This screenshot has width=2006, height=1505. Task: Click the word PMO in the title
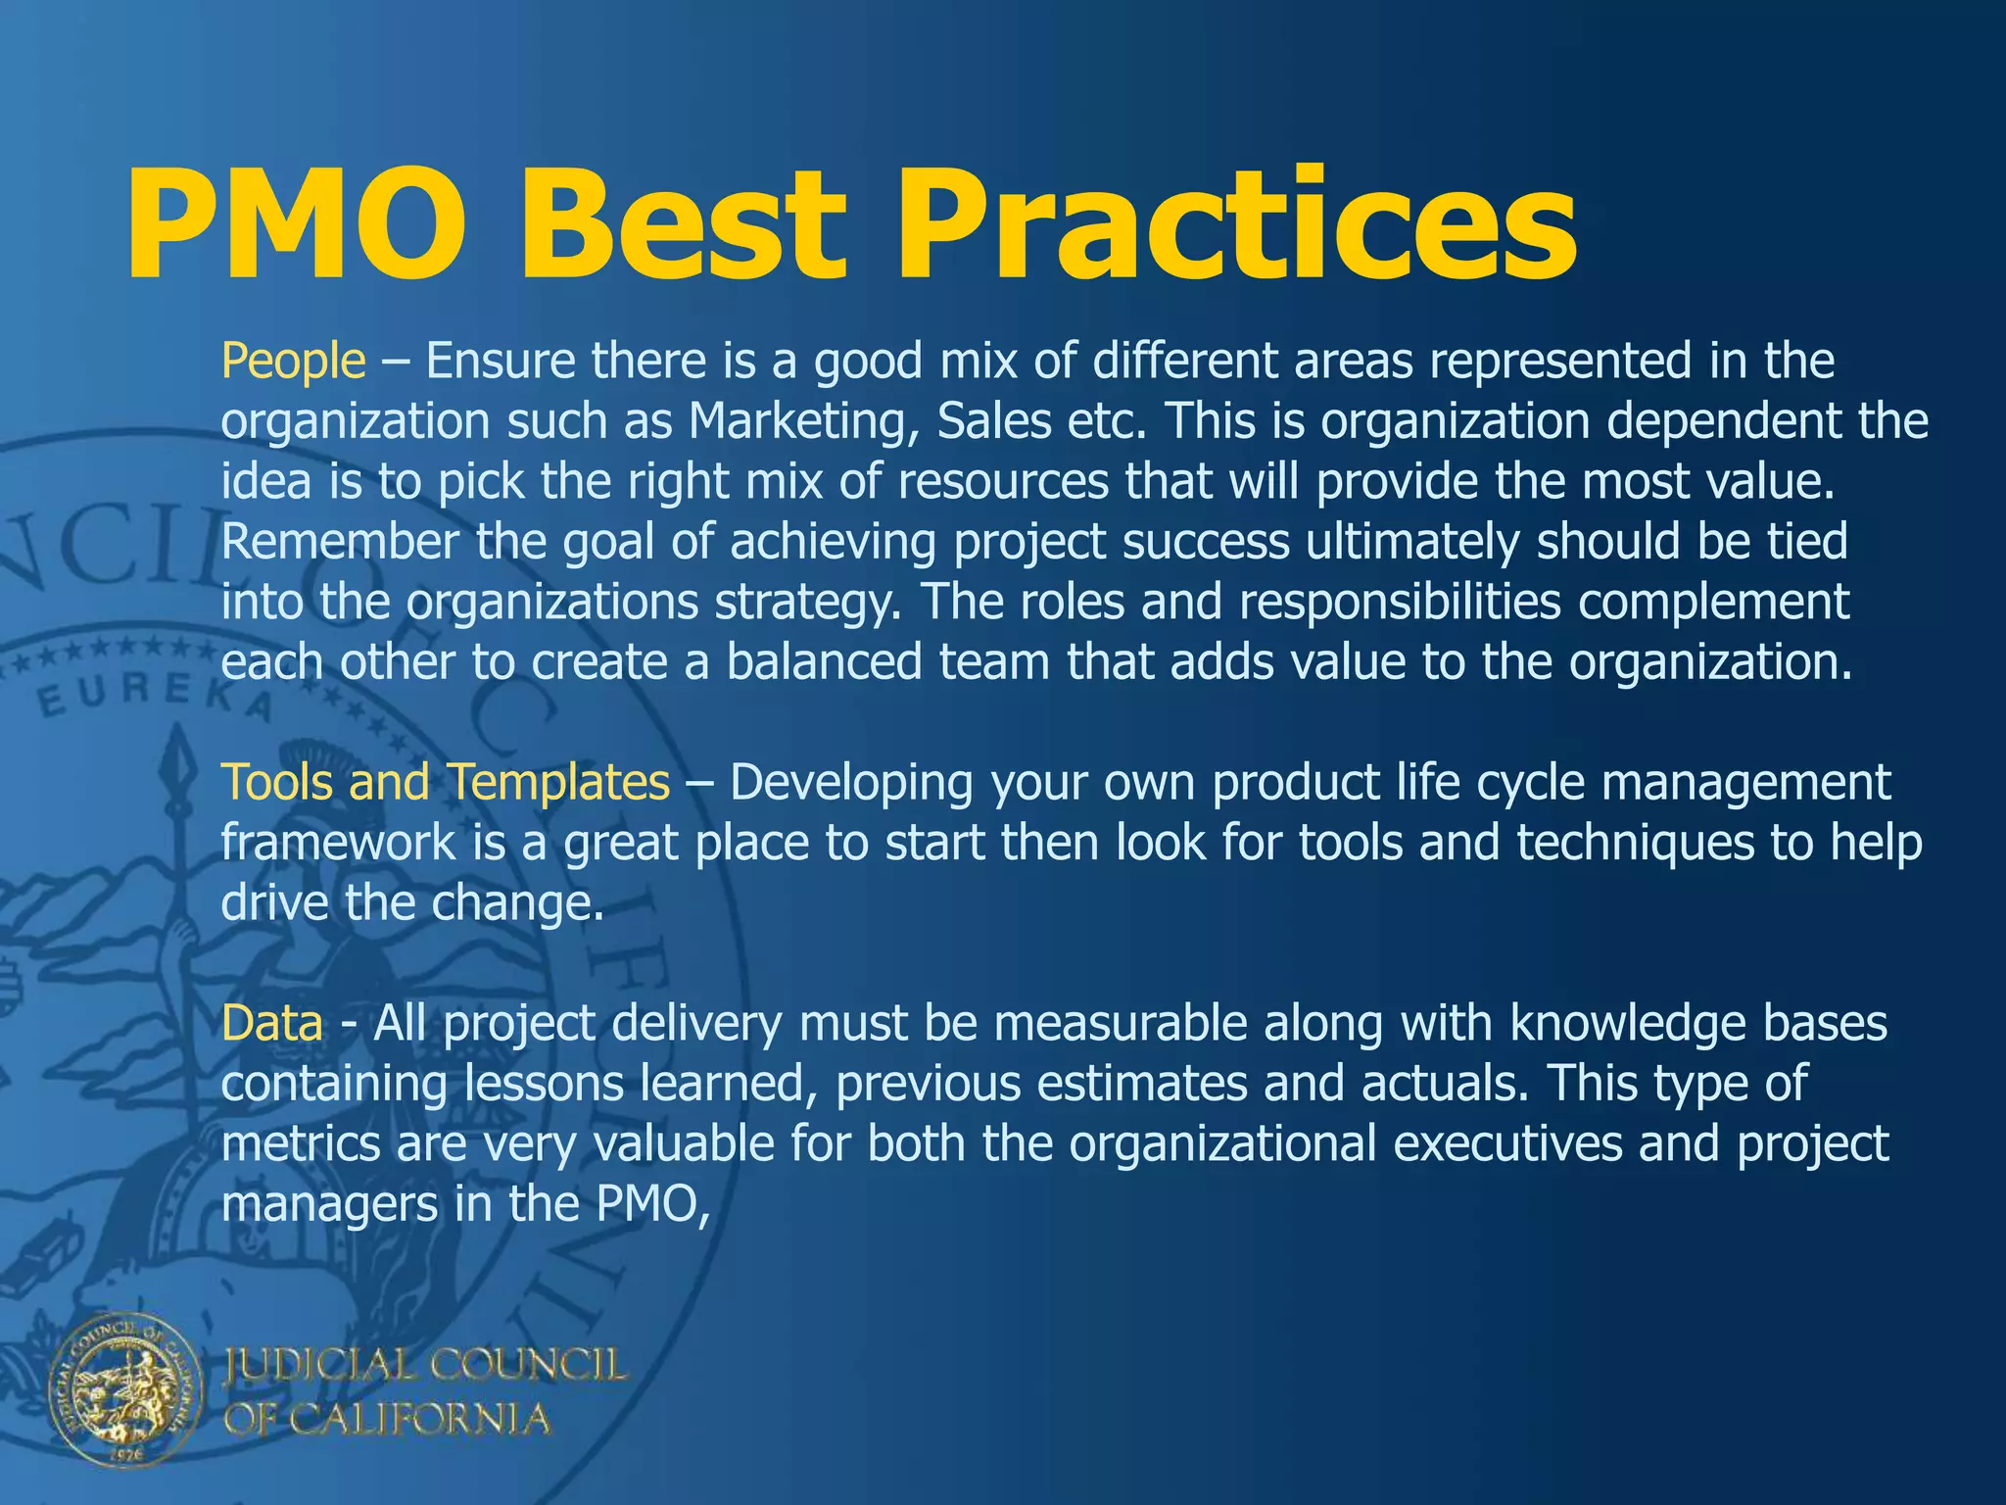click(294, 224)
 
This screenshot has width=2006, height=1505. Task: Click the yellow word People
click(293, 362)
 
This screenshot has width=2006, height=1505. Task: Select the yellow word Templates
click(559, 783)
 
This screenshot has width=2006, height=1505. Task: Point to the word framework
click(338, 843)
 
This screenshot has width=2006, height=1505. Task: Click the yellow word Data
click(271, 1024)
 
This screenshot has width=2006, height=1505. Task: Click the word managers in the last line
click(329, 1204)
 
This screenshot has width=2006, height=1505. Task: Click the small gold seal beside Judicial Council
click(125, 1391)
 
